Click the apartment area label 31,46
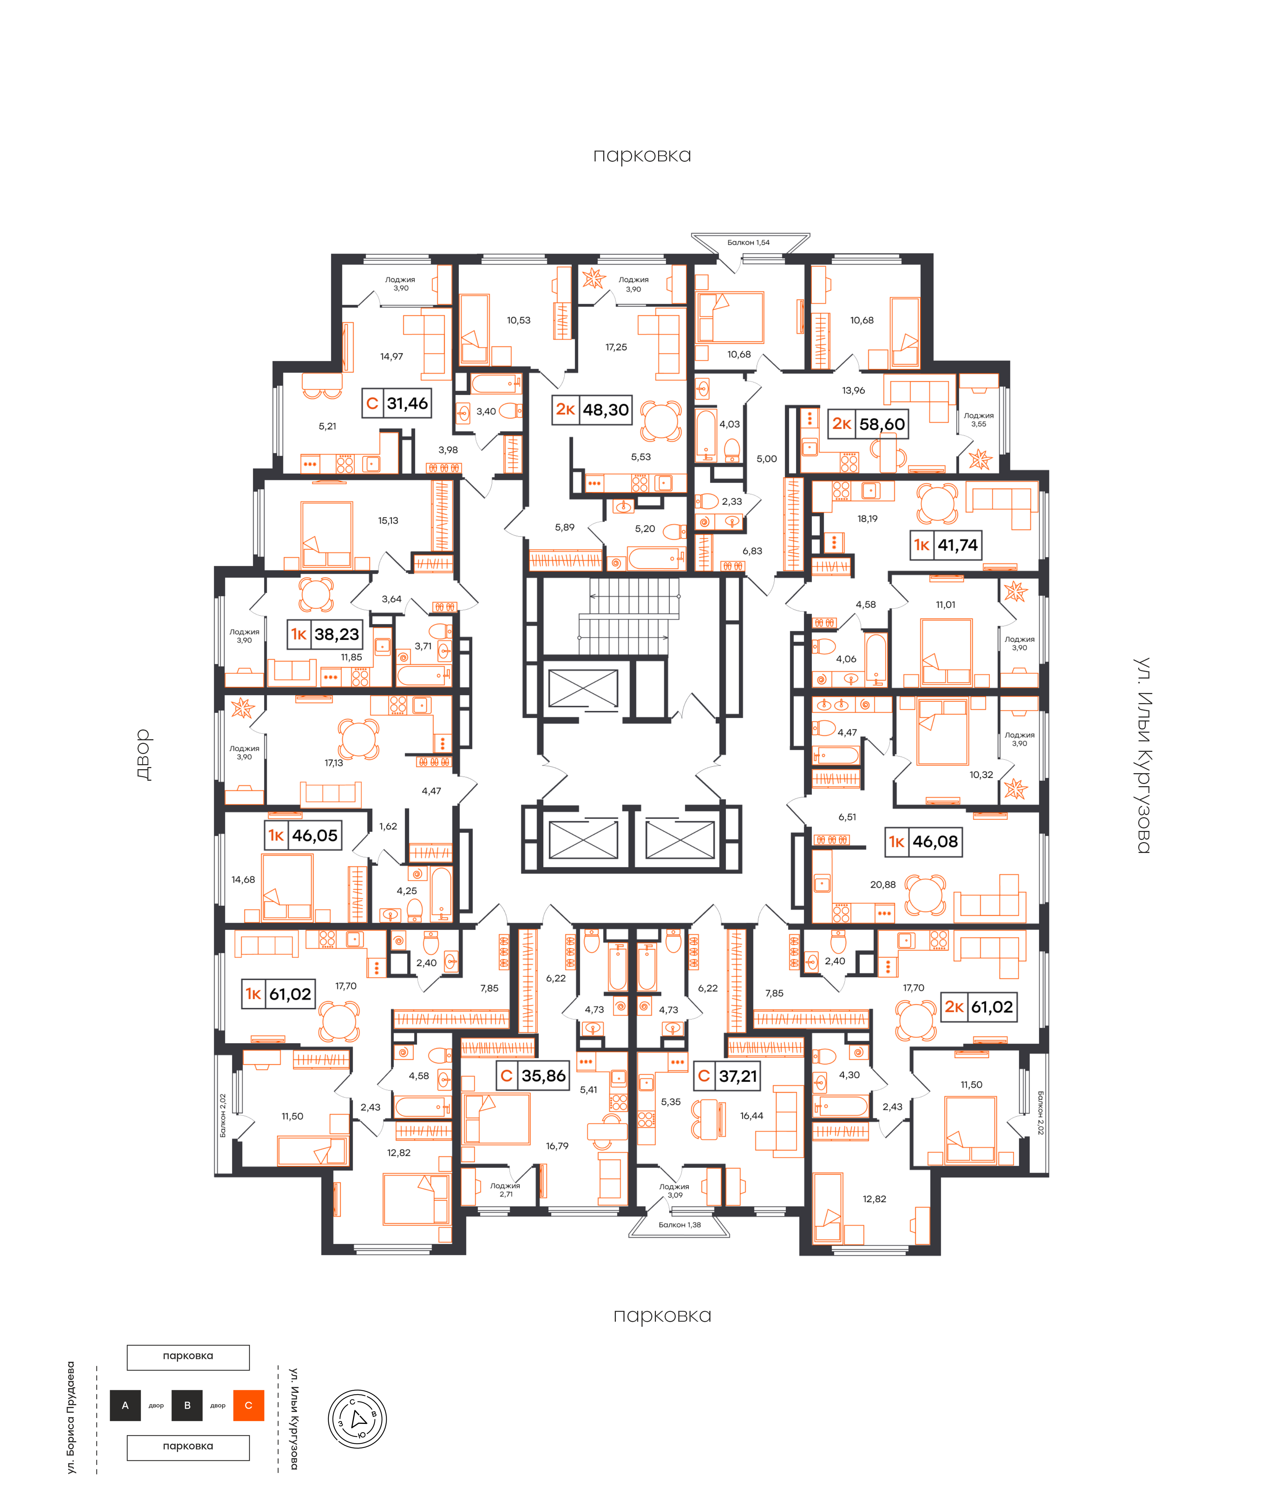pyautogui.click(x=407, y=403)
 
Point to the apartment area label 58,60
pyautogui.click(x=882, y=424)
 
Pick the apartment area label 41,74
pyautogui.click(x=957, y=545)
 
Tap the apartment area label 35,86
pyautogui.click(x=543, y=1075)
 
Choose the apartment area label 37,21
pyautogui.click(x=738, y=1075)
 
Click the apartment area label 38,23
pyautogui.click(x=336, y=634)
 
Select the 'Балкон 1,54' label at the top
pyautogui.click(x=748, y=242)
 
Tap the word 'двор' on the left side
pyautogui.click(x=144, y=755)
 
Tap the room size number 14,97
pyautogui.click(x=392, y=356)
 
